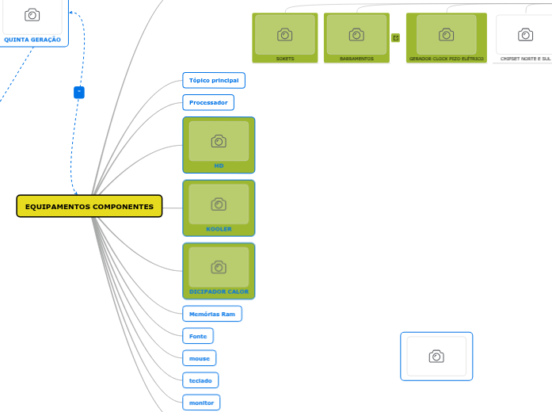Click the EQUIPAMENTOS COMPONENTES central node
pyautogui.click(x=89, y=206)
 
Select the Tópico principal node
pyautogui.click(x=214, y=80)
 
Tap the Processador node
pyautogui.click(x=208, y=102)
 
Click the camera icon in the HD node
pyautogui.click(x=219, y=141)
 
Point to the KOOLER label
pyautogui.click(x=219, y=229)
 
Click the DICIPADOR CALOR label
pyautogui.click(x=219, y=292)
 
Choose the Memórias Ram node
pyautogui.click(x=212, y=314)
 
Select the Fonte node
pyautogui.click(x=198, y=336)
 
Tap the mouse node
pyautogui.click(x=199, y=358)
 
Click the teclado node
pyautogui.click(x=200, y=380)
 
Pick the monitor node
pyautogui.click(x=201, y=402)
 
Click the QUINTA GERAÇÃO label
pyautogui.click(x=32, y=39)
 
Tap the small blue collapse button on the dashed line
pyautogui.click(x=78, y=93)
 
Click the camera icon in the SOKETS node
pyautogui.click(x=284, y=35)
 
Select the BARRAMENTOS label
pyautogui.click(x=356, y=59)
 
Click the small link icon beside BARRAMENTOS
pyautogui.click(x=395, y=37)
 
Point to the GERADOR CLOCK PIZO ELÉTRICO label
pyautogui.click(x=446, y=59)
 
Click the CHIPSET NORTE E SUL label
pyautogui.click(x=525, y=59)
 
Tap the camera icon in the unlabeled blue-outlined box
pyautogui.click(x=436, y=357)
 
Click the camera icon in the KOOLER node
pyautogui.click(x=219, y=204)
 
